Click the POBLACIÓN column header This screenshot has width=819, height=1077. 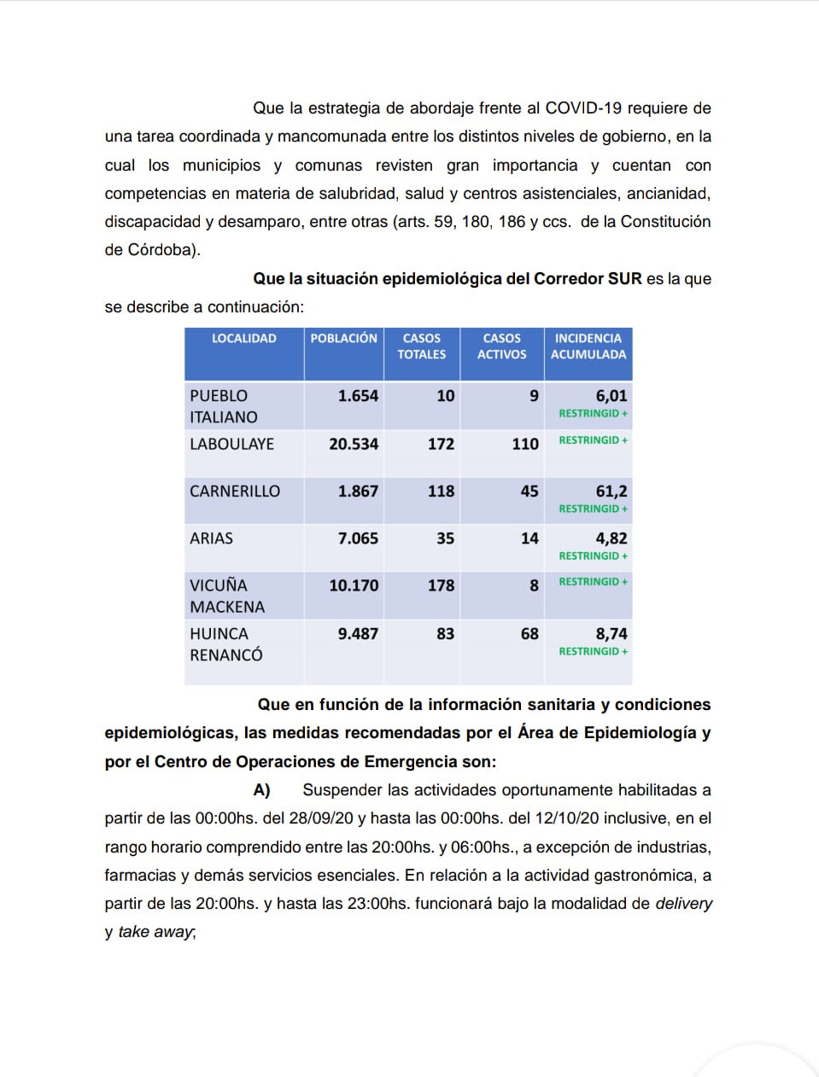pyautogui.click(x=343, y=339)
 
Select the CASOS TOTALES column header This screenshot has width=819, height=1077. pyautogui.click(x=422, y=346)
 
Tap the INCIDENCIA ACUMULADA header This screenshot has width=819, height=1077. pyautogui.click(x=588, y=346)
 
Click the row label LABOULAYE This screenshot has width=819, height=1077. pyautogui.click(x=231, y=444)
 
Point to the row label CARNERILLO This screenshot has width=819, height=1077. pyautogui.click(x=235, y=492)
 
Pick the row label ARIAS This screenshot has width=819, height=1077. pyautogui.click(x=211, y=538)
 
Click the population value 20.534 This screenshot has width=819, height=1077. pyautogui.click(x=354, y=444)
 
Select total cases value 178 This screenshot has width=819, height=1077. pyautogui.click(x=441, y=585)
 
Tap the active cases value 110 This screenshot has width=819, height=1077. pyautogui.click(x=524, y=444)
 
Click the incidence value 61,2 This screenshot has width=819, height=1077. pyautogui.click(x=611, y=492)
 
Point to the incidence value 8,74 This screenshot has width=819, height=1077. pyautogui.click(x=611, y=634)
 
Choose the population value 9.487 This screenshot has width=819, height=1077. pyautogui.click(x=358, y=634)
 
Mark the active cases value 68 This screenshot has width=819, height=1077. pyautogui.click(x=529, y=634)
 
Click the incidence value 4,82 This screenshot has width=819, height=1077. pyautogui.click(x=611, y=538)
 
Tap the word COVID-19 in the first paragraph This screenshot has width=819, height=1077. pyautogui.click(x=583, y=108)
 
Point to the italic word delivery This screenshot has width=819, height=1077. pyautogui.click(x=683, y=904)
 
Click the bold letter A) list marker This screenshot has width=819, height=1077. pyautogui.click(x=261, y=790)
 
